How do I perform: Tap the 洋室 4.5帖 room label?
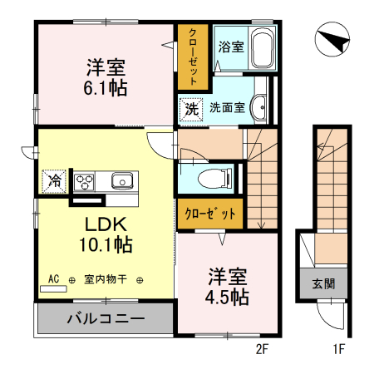pos(227,285)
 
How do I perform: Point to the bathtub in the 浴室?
pos(263,47)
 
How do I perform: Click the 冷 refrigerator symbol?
pos(54,179)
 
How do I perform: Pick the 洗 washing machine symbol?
pos(191,108)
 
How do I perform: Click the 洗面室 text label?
pos(226,108)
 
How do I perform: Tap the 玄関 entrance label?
pos(324,283)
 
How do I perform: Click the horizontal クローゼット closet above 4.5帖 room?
pos(210,213)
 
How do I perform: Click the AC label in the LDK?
pos(54,279)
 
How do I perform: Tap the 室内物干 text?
pos(104,280)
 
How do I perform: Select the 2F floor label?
pos(262,349)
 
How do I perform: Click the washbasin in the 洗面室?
pos(261,106)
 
